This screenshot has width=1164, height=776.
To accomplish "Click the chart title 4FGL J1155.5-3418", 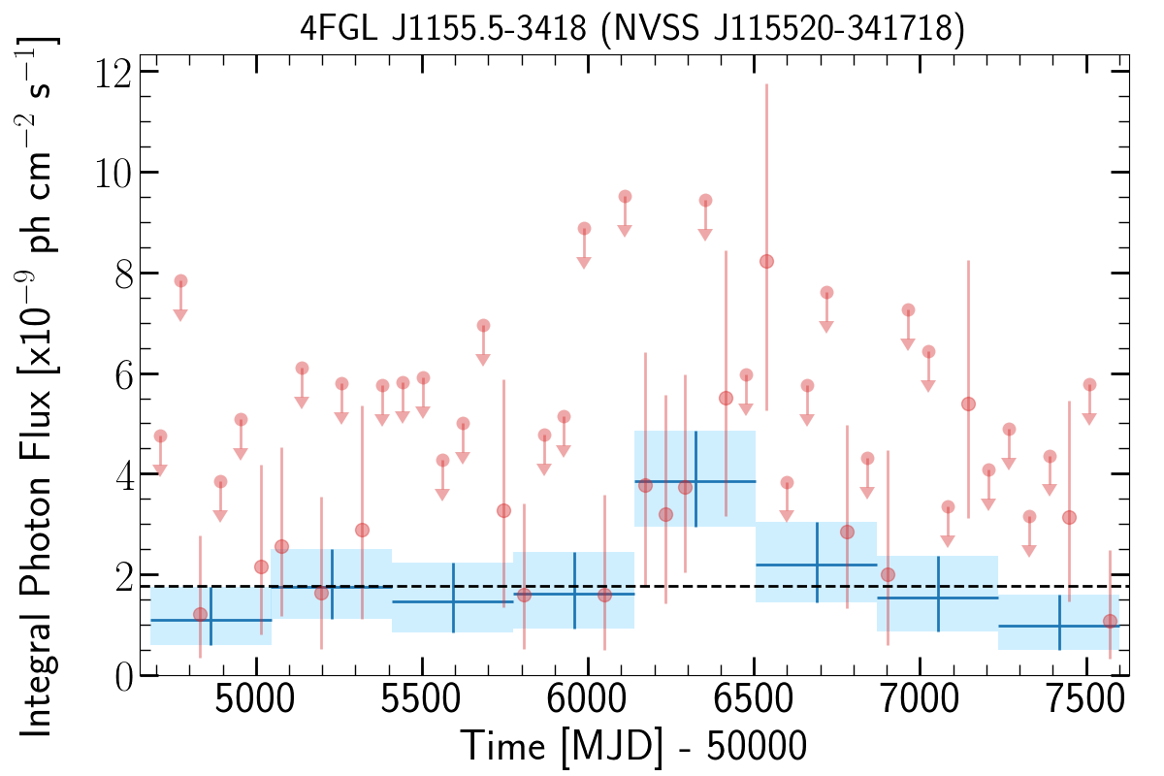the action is click(x=442, y=27).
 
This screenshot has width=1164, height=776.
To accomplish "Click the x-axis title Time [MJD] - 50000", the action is click(x=632, y=746).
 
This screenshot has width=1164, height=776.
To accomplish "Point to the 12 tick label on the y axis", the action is click(x=113, y=73).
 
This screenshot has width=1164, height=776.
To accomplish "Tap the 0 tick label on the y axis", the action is click(x=123, y=677).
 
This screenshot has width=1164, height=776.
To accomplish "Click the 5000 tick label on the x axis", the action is click(x=255, y=700).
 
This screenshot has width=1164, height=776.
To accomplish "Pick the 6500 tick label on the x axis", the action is click(x=754, y=700).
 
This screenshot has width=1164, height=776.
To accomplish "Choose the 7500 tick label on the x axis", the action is click(x=1086, y=700).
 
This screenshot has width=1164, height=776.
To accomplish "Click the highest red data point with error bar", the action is click(x=766, y=262).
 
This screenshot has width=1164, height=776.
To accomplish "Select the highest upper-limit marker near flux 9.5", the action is click(x=625, y=197).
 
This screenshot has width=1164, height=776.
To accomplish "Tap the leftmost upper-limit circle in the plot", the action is click(x=161, y=436).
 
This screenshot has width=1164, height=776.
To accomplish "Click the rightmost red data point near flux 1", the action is click(x=1110, y=621).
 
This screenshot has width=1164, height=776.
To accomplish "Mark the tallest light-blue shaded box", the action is click(x=695, y=478).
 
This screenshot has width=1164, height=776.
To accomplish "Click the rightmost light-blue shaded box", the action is click(x=1058, y=622).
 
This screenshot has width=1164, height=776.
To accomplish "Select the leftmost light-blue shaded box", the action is click(x=211, y=615).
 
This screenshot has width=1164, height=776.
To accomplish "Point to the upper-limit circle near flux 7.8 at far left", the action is click(x=180, y=281).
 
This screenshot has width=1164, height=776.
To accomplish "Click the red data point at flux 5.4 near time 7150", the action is click(x=968, y=404).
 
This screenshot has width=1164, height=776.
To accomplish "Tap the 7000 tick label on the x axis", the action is click(x=920, y=700).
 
